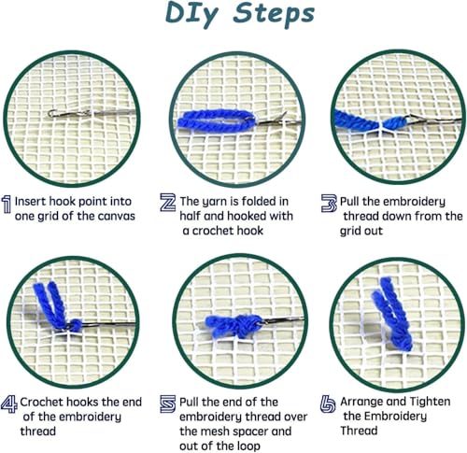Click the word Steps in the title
coord(274,15)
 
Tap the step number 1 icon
coord(7,205)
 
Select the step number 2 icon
coord(167,203)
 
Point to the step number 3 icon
coord(329,204)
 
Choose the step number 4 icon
coord(9,403)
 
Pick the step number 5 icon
coord(168,403)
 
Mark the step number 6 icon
coord(328,404)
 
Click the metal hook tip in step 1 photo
coord(51,114)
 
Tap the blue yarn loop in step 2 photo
coord(217,120)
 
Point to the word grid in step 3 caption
coord(349,232)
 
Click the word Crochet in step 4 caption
coord(41,402)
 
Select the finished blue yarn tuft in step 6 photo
coord(392,316)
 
